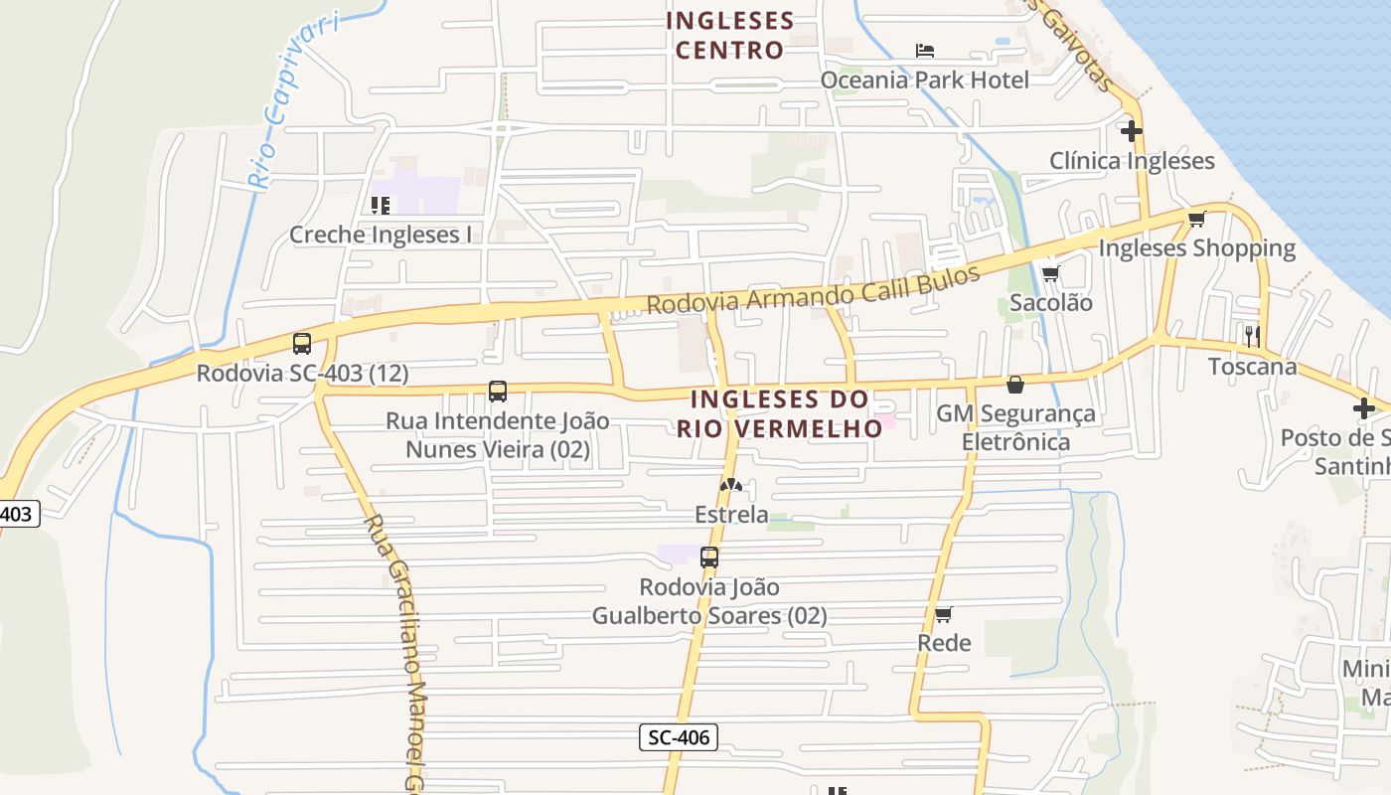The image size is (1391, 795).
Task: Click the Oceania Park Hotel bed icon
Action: [x=925, y=50]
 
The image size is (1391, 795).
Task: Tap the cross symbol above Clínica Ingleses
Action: [x=1131, y=130]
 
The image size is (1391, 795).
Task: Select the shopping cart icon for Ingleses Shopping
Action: [x=1196, y=219]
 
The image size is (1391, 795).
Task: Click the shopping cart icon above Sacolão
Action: [x=1050, y=273]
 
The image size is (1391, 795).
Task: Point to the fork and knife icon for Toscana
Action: [x=1252, y=336]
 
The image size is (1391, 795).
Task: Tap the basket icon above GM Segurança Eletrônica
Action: [x=1015, y=384]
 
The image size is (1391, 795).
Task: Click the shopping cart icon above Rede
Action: [x=943, y=614]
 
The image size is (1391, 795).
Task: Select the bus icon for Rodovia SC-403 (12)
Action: [x=302, y=344]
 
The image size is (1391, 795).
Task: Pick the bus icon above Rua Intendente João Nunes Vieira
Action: [x=498, y=392]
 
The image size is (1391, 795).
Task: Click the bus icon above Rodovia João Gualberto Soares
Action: [x=709, y=557]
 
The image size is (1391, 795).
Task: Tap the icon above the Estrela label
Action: [x=731, y=485]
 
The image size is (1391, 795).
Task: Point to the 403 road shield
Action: [x=17, y=514]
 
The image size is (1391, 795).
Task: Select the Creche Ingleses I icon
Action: [x=380, y=206]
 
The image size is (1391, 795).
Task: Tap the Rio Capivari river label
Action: [x=292, y=99]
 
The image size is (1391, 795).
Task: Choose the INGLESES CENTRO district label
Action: [x=730, y=35]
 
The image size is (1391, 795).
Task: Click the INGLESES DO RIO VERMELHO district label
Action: [x=780, y=413]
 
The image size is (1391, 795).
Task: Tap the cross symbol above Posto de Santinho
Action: [x=1363, y=407]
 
